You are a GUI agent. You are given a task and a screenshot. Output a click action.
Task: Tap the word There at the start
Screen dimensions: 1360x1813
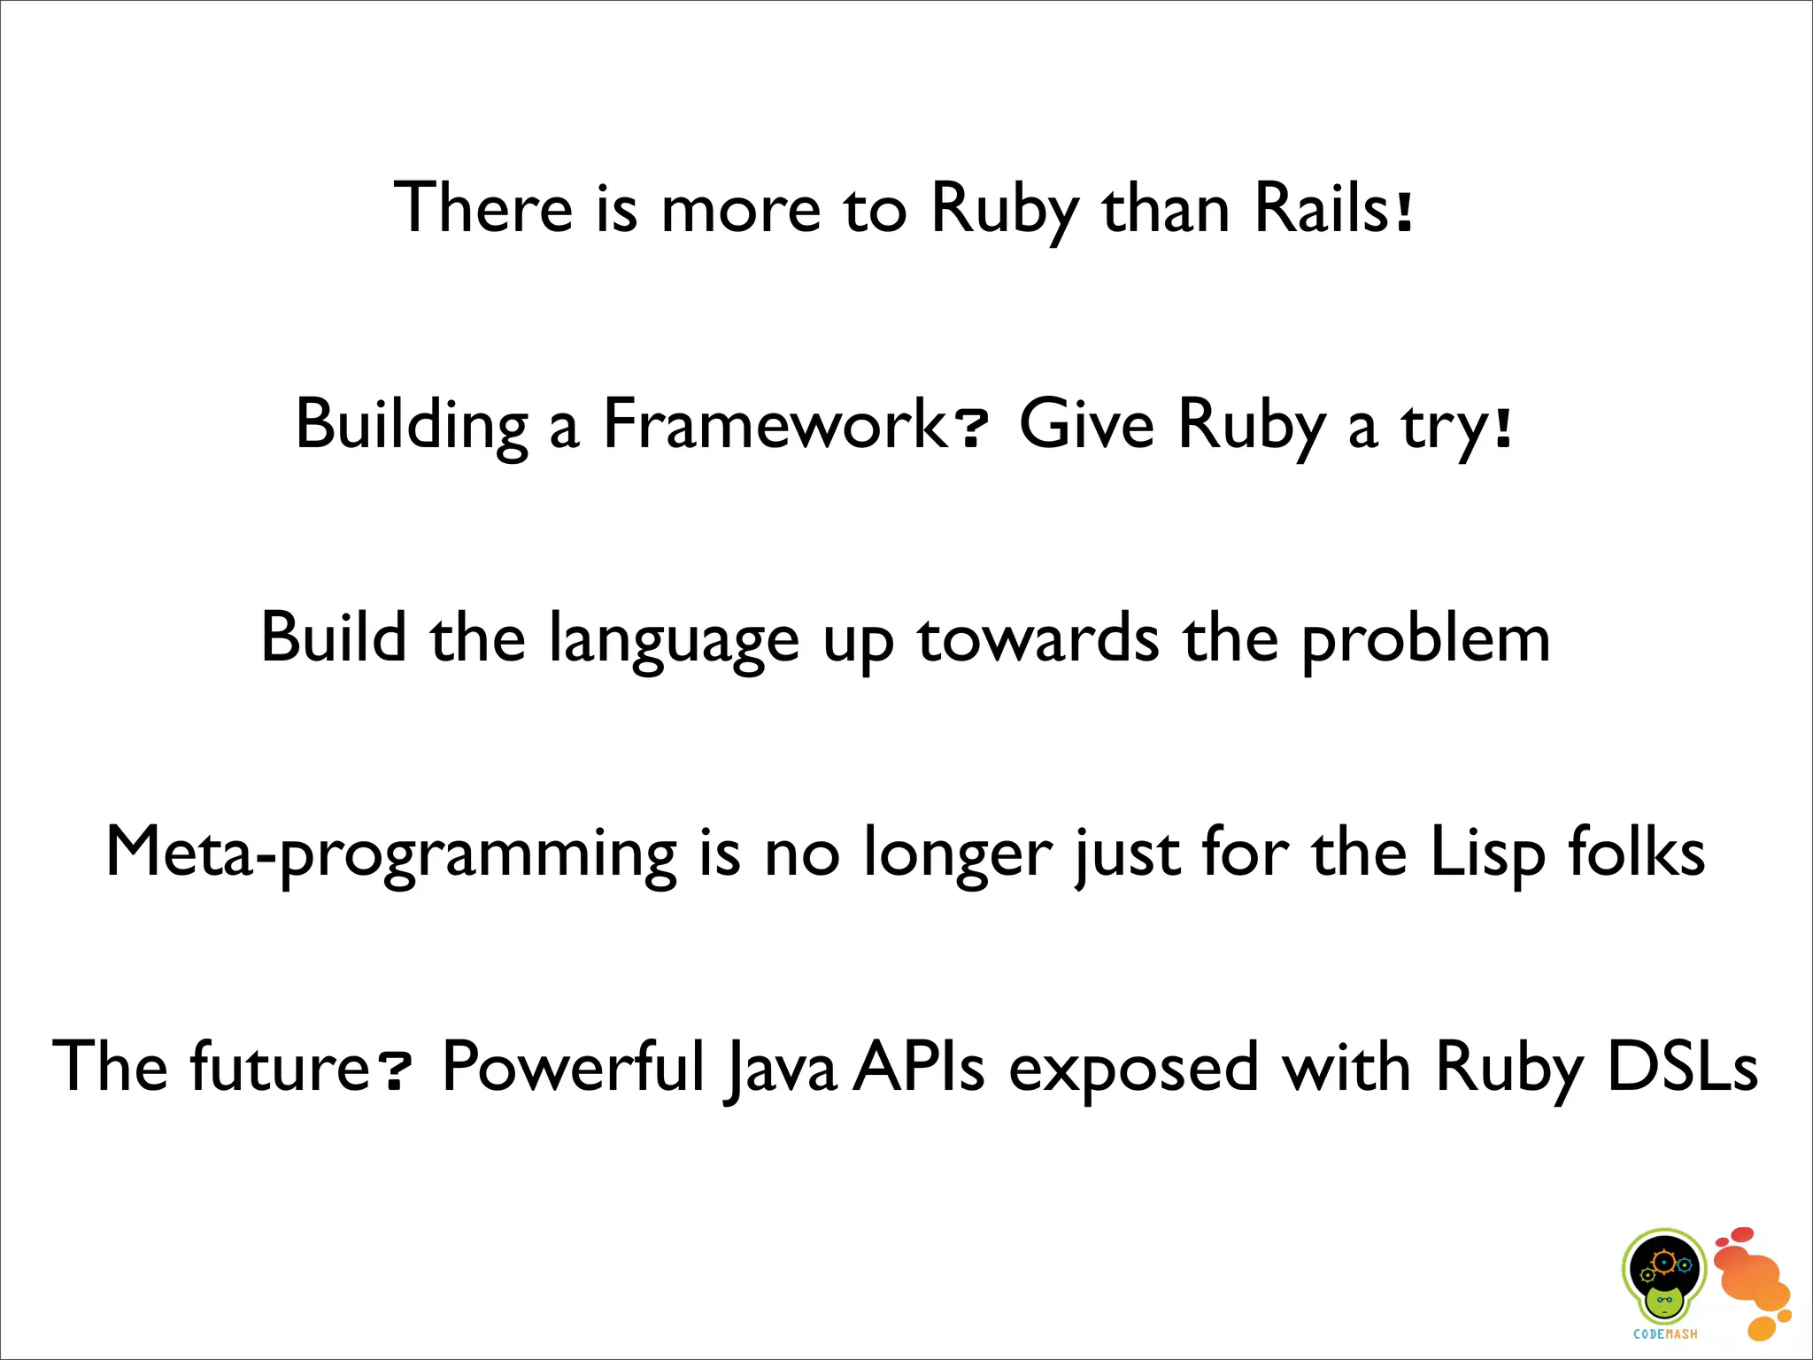point(483,209)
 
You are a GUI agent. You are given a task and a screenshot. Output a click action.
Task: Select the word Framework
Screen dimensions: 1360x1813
point(774,424)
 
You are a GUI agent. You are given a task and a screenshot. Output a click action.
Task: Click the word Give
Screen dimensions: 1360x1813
point(1086,424)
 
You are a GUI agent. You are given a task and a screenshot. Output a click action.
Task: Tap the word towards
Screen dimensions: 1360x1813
point(1037,639)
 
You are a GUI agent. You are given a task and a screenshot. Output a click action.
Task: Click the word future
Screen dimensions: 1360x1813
point(280,1067)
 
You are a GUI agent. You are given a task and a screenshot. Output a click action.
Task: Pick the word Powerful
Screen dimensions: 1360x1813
point(573,1067)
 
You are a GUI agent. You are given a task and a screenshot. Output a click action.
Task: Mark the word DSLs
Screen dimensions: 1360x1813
point(1682,1067)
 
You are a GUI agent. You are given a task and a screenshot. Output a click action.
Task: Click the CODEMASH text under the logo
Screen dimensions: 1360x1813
point(1665,1334)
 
